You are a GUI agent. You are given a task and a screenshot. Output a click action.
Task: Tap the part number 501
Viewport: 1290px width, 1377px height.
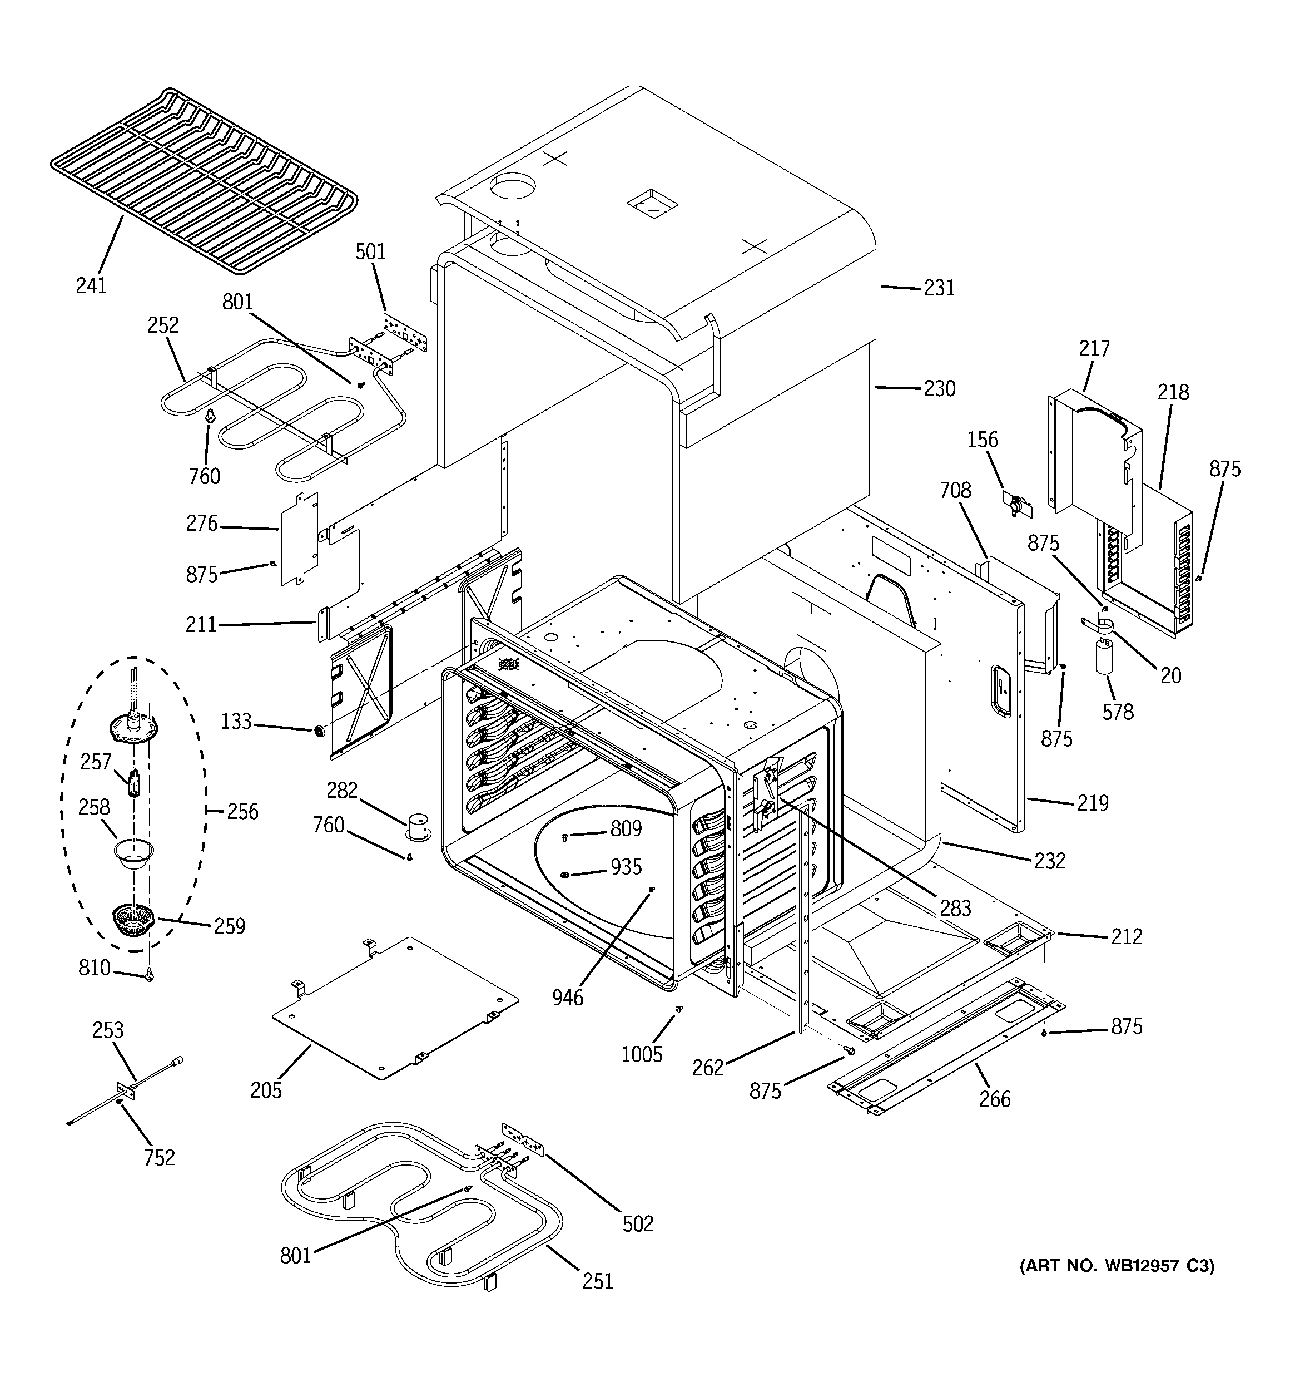(370, 251)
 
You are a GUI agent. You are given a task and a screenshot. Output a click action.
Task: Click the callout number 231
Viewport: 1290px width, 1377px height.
(939, 288)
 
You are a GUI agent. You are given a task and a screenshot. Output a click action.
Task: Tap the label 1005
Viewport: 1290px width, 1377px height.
(642, 1054)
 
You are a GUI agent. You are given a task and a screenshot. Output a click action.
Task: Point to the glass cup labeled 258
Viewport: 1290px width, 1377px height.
(133, 852)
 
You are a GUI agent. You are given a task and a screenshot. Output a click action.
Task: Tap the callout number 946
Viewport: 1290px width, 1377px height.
(568, 998)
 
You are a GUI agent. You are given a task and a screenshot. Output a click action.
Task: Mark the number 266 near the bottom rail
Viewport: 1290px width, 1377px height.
(994, 1099)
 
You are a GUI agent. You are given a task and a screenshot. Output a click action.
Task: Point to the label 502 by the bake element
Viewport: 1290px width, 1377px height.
(638, 1224)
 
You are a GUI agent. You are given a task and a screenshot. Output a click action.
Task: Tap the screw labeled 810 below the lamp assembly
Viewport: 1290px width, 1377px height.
(149, 976)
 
